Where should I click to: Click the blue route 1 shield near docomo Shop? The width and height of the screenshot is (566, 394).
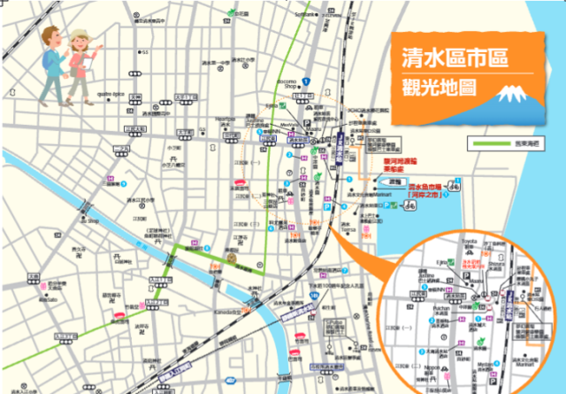(x=305, y=81)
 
